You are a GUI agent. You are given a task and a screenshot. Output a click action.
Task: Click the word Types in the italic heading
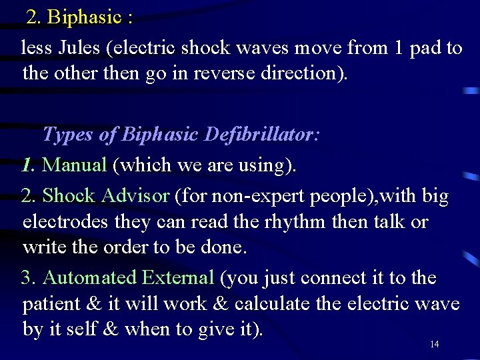click(x=68, y=135)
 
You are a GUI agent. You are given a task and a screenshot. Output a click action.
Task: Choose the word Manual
click(x=74, y=165)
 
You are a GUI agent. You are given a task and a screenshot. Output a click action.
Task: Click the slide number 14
click(x=434, y=344)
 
